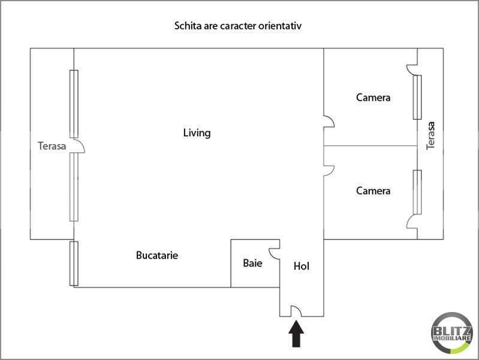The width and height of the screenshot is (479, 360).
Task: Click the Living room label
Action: click(197, 133)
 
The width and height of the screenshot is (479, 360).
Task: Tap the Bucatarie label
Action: click(157, 255)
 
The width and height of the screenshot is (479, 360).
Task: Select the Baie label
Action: click(252, 263)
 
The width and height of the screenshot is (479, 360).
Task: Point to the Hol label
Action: click(301, 266)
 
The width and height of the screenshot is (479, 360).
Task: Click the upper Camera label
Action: click(373, 97)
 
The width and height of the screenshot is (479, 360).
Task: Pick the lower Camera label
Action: click(373, 191)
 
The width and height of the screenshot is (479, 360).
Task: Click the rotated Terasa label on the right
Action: click(429, 136)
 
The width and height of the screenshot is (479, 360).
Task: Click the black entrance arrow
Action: click(297, 334)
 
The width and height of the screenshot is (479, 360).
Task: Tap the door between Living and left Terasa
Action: click(79, 146)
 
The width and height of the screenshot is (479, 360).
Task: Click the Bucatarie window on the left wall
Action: click(74, 263)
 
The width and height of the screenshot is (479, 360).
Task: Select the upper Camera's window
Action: click(417, 97)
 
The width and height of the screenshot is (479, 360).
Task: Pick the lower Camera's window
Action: click(417, 192)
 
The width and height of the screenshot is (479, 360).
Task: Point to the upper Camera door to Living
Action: click(329, 122)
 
